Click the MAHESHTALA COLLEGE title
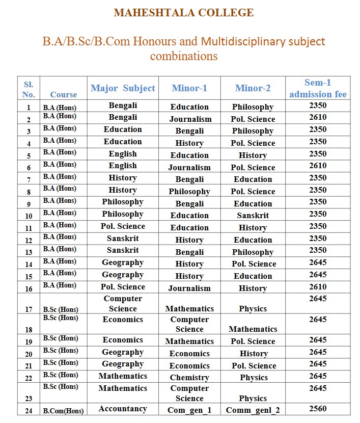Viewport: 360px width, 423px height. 183,13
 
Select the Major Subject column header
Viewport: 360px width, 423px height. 123,88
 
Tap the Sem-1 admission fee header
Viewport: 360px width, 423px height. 318,88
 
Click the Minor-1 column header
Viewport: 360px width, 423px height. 189,88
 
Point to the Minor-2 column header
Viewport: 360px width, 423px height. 253,88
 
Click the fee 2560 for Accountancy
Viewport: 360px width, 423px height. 318,408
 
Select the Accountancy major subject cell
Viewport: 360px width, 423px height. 123,409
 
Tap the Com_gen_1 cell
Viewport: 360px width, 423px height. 189,410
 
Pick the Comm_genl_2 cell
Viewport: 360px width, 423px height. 253,410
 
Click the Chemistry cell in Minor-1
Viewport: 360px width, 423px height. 189,378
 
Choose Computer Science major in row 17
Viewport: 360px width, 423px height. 123,303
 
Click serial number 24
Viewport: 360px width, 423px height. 29,410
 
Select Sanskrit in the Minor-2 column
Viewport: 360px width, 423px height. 253,216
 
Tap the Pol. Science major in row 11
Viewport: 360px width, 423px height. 123,226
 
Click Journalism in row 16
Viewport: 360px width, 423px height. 189,288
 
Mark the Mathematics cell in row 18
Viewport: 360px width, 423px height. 253,329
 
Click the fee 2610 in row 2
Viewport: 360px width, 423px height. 318,117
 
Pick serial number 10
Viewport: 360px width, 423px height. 29,216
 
